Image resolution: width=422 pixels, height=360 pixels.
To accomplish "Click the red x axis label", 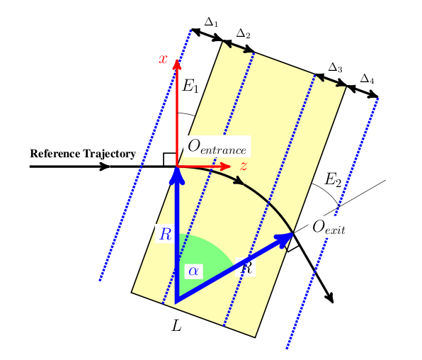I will [163, 59].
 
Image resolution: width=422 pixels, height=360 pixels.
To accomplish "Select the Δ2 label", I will [243, 33].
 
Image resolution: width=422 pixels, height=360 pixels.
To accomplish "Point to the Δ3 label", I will [336, 68].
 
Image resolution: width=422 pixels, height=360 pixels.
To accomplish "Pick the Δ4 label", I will [367, 78].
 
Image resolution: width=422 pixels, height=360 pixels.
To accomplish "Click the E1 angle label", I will [190, 86].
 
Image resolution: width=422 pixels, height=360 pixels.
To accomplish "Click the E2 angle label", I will [333, 180].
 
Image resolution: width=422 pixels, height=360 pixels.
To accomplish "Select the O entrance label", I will [217, 147].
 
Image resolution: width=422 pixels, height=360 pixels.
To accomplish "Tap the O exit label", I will [329, 227].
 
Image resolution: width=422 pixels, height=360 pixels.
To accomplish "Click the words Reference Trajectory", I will [82, 154].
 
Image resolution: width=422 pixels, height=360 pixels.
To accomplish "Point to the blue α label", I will [193, 270].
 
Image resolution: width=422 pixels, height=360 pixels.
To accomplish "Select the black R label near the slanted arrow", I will [247, 268].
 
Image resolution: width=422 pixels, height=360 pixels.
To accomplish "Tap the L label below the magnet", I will [176, 327].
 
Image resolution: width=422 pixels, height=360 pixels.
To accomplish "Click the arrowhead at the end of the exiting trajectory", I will [330, 300].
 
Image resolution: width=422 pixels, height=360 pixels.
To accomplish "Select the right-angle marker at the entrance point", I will [169, 159].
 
